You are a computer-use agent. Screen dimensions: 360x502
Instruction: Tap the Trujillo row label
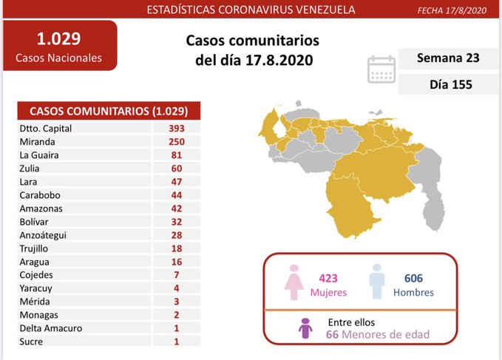coord(35,248)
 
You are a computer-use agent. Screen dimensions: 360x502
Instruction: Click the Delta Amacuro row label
coord(51,328)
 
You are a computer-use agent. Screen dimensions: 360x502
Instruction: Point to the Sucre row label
coord(32,342)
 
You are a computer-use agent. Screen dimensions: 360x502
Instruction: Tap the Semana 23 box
coord(446,59)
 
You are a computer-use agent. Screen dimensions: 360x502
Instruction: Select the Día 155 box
coord(446,85)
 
